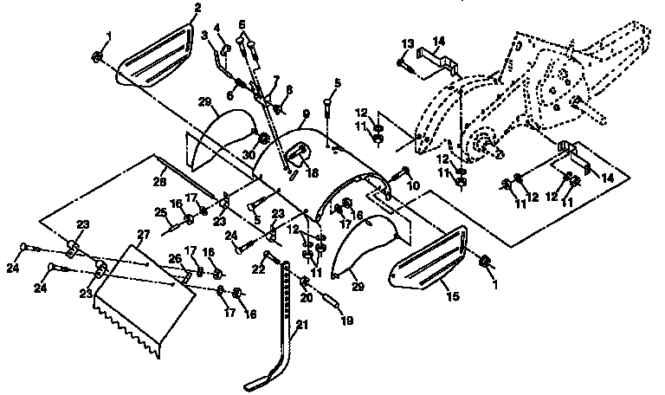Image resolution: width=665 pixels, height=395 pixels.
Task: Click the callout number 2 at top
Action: (197, 8)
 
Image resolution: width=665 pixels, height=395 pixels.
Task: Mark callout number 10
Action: (413, 185)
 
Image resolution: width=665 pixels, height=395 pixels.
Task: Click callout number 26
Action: (173, 257)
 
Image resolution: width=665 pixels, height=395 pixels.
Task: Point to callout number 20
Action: (306, 297)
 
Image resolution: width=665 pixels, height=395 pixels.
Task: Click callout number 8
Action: (288, 89)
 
